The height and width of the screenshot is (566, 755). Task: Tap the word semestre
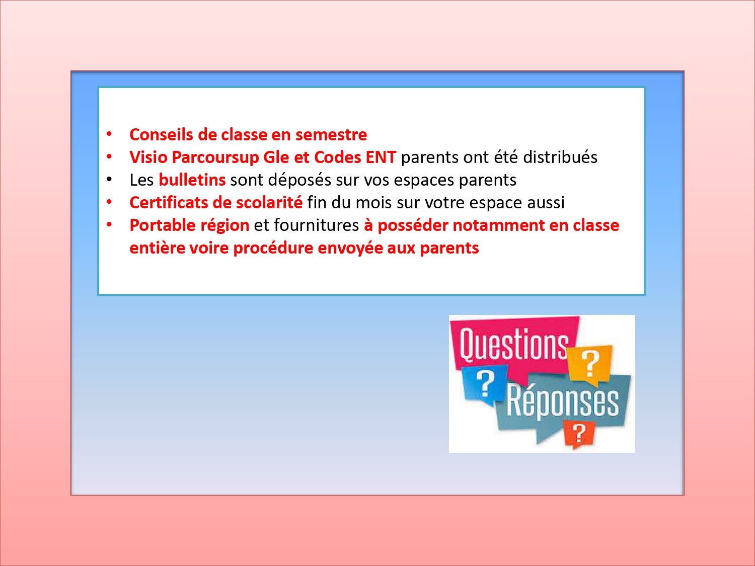[331, 135]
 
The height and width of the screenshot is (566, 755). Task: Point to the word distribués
[560, 157]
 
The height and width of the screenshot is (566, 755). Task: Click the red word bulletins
[192, 180]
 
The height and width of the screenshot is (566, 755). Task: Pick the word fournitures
[316, 225]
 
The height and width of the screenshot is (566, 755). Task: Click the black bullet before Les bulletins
[109, 180]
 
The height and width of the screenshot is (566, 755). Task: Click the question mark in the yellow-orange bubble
[590, 363]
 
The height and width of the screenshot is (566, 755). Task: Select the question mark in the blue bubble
[485, 383]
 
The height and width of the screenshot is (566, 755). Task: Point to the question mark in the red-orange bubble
[579, 433]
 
